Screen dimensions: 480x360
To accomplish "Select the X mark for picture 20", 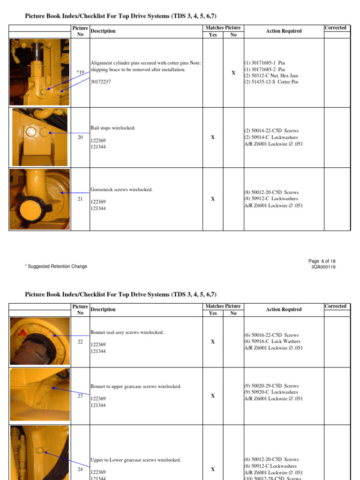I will click(213, 137).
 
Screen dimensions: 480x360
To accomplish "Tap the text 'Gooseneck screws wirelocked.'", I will click(121, 190).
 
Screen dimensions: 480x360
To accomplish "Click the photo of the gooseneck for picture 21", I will click(40, 199).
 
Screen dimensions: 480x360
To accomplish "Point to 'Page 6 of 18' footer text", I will click(322, 261).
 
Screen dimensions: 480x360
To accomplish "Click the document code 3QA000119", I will click(323, 267).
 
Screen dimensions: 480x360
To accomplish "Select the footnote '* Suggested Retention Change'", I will click(56, 266).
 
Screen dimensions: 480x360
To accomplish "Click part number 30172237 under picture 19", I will click(101, 82).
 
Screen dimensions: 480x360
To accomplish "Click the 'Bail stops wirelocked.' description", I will click(113, 128).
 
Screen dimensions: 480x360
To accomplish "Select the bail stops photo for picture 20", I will click(40, 137).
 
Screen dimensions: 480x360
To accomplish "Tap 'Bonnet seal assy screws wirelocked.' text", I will click(127, 332).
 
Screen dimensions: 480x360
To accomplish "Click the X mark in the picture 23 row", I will click(213, 396).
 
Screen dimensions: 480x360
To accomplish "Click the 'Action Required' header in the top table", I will click(284, 31).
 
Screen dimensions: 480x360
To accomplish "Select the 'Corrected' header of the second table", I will click(335, 306).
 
